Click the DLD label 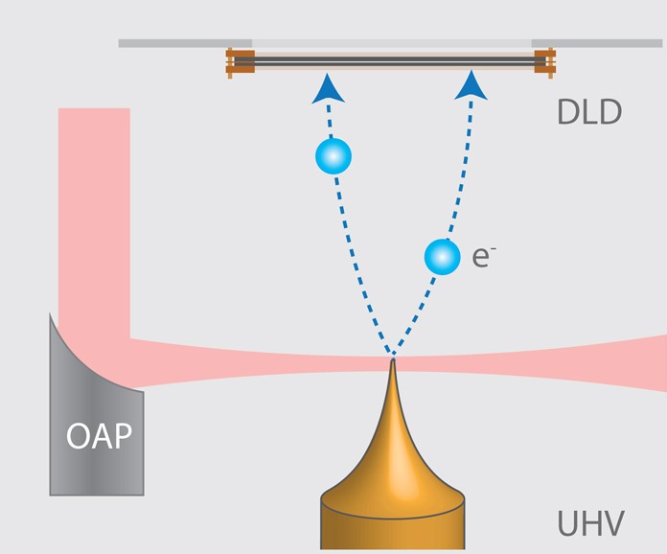[588, 112]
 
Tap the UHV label [590, 524]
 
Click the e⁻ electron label [482, 257]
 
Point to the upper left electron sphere [333, 155]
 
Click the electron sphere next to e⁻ [442, 256]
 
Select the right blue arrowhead [471, 85]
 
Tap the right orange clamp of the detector [544, 60]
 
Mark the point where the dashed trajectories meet [392, 358]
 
